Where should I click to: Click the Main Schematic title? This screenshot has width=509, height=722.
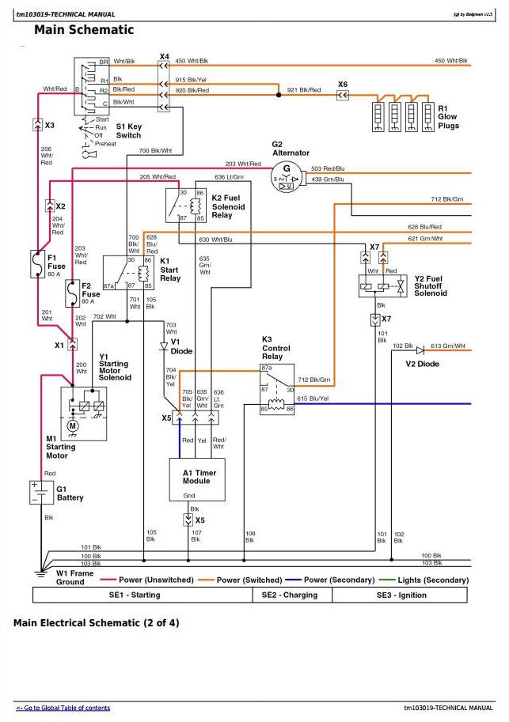click(84, 30)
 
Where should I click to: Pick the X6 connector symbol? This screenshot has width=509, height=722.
click(342, 96)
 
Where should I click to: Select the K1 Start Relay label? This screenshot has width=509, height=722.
click(170, 269)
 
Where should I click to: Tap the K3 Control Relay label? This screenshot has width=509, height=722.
click(276, 348)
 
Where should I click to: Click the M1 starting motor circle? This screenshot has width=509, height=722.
click(73, 427)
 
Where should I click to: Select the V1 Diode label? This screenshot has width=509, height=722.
click(181, 346)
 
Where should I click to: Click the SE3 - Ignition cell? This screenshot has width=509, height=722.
click(401, 595)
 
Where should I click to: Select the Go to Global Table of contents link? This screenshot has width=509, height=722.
click(63, 708)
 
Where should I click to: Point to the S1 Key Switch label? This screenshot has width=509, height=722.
click(128, 130)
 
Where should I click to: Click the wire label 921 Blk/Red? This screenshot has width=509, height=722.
click(304, 90)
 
